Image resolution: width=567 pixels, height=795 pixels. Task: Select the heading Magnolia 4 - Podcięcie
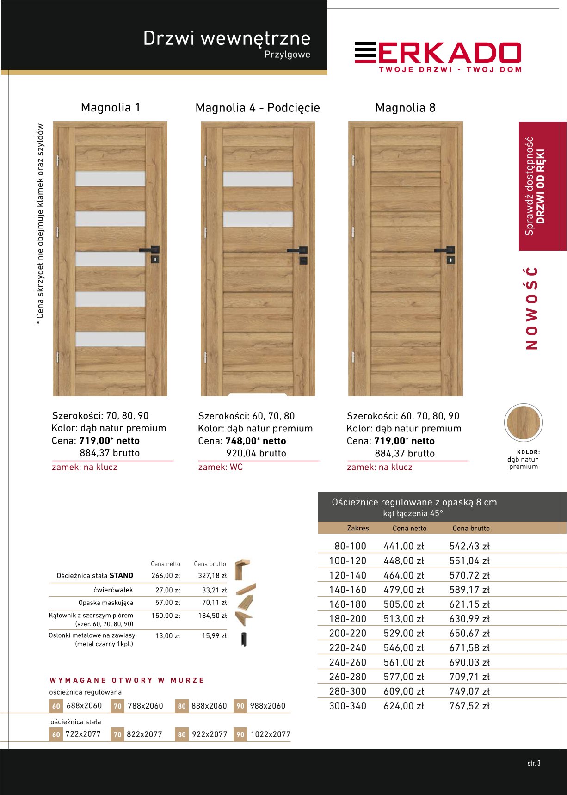click(x=258, y=108)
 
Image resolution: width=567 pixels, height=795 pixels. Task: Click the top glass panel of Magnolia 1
click(x=110, y=179)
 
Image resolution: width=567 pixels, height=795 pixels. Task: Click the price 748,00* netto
click(x=255, y=441)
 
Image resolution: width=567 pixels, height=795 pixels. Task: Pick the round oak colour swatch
click(x=523, y=423)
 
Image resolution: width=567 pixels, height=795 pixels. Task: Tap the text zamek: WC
click(x=220, y=467)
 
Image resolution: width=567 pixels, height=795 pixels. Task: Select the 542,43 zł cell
click(x=469, y=546)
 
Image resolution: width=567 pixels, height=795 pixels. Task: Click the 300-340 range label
click(x=347, y=706)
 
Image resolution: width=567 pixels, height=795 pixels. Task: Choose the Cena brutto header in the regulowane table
click(x=471, y=528)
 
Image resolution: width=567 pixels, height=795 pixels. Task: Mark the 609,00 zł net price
click(x=403, y=691)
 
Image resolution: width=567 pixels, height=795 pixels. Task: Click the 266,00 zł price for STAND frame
click(x=166, y=576)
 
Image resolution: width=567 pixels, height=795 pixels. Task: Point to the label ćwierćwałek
click(x=113, y=590)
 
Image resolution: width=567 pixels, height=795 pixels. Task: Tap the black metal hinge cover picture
click(x=243, y=639)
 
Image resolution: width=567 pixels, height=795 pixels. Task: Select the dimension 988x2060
click(x=267, y=706)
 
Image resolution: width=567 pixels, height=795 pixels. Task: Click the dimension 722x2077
click(x=83, y=734)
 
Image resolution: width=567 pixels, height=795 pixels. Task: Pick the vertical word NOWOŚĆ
click(x=532, y=308)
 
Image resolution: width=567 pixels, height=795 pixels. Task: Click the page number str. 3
click(x=534, y=763)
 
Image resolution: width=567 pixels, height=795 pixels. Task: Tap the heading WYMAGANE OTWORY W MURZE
click(x=127, y=680)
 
